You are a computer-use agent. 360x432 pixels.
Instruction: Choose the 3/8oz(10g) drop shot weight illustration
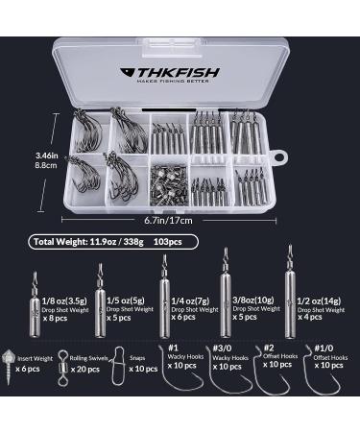pyautogui.click(x=228, y=300)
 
